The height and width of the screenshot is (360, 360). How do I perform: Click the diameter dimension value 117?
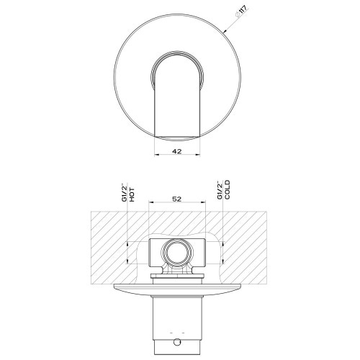242,13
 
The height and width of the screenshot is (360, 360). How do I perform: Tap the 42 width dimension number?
177,151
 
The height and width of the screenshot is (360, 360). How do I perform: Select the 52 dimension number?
177,199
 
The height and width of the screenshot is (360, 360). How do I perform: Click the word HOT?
132,195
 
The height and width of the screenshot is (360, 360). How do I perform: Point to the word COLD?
227,189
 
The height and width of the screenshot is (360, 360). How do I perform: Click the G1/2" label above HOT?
125,192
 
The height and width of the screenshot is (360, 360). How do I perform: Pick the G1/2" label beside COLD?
220,190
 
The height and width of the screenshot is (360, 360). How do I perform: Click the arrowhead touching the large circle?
225,31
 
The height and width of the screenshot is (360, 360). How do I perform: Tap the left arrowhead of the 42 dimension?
156,155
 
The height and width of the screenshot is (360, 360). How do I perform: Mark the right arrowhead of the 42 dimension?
197,155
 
